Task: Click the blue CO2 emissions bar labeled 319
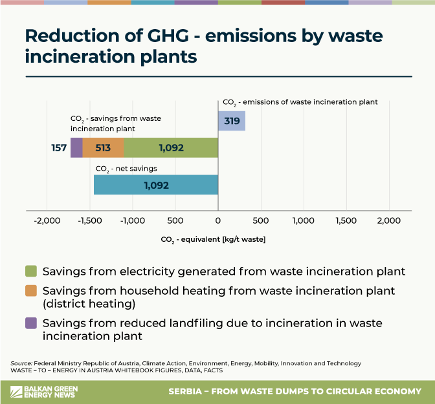click(232, 121)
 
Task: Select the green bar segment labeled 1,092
click(171, 148)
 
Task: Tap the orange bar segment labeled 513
click(103, 148)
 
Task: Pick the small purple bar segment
click(76, 148)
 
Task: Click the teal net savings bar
click(156, 185)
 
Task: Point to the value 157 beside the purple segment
click(60, 148)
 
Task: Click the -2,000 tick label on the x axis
click(47, 221)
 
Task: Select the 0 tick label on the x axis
click(218, 221)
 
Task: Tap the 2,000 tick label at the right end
click(389, 221)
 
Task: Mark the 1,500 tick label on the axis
click(346, 221)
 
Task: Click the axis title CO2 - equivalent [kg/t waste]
click(213, 239)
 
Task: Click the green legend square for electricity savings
click(30, 270)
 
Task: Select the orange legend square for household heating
click(30, 292)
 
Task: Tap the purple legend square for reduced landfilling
click(30, 323)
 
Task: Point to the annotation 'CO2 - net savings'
click(126, 169)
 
